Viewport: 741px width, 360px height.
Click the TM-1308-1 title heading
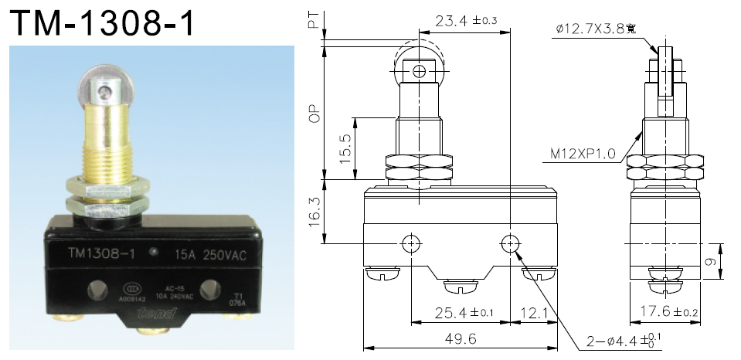coord(101,23)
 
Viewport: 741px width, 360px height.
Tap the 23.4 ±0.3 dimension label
coord(465,21)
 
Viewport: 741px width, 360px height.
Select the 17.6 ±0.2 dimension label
coord(668,313)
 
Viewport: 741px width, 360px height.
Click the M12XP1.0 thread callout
coord(583,154)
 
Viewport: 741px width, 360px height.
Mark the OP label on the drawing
coord(313,114)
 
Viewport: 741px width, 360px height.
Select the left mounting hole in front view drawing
coord(412,244)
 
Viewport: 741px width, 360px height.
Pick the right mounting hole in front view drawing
coord(509,244)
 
